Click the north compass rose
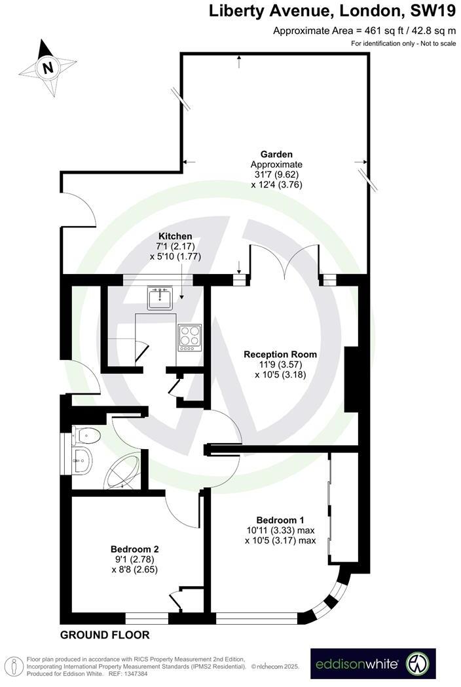point(47,67)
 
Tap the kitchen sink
point(160,298)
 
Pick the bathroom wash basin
point(84,460)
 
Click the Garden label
point(276,154)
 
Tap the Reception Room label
point(280,354)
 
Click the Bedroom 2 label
point(135,549)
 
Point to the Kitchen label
point(175,236)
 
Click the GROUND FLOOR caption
point(105,635)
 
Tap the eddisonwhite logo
point(373,663)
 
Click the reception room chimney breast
point(352,380)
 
